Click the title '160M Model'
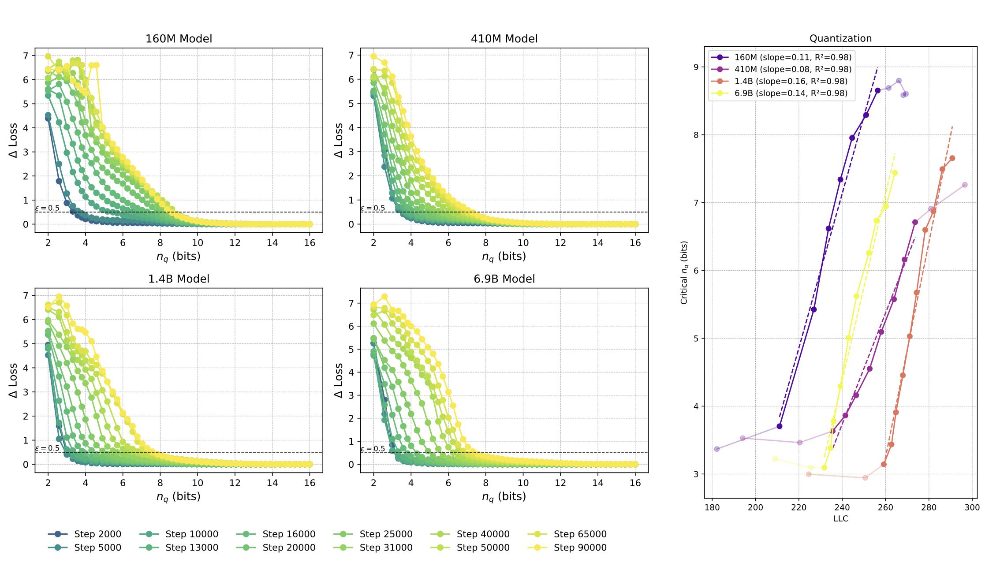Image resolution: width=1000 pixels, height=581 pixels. click(179, 39)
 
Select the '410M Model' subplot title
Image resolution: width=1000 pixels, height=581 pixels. click(504, 39)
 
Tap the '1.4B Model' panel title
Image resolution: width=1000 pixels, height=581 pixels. click(179, 279)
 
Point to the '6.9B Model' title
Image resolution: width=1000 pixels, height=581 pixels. click(504, 279)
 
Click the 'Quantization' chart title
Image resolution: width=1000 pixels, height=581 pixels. click(840, 38)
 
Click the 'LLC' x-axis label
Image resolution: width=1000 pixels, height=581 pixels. click(840, 519)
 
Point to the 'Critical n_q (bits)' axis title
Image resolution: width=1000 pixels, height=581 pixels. click(684, 272)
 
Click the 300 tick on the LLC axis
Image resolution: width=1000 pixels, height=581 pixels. click(972, 507)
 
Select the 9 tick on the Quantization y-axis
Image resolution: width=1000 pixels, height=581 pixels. click(697, 67)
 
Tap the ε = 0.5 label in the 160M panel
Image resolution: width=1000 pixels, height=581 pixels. click(47, 209)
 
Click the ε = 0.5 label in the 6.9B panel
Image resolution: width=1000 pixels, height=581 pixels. click(373, 449)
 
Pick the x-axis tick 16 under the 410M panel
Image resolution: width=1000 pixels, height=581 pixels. click(635, 243)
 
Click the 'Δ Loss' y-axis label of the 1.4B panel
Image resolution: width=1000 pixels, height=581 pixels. click(13, 380)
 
